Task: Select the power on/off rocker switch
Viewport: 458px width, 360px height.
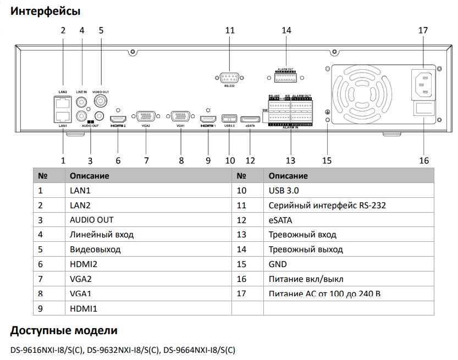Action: click(x=424, y=110)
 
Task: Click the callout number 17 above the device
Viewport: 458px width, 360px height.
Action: click(x=423, y=31)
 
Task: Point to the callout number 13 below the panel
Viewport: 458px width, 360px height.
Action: click(x=290, y=160)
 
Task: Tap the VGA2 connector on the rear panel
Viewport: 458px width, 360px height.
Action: click(x=146, y=117)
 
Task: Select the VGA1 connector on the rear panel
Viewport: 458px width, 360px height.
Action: click(x=181, y=117)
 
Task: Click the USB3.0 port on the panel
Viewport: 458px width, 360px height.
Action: click(x=229, y=118)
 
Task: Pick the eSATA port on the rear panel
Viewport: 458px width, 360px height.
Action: click(x=251, y=118)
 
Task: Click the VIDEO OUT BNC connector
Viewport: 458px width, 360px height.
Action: click(x=101, y=101)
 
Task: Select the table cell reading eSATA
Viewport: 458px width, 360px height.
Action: click(x=280, y=220)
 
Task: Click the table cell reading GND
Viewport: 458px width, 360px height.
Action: click(x=278, y=264)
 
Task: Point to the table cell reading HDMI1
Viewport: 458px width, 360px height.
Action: click(x=84, y=309)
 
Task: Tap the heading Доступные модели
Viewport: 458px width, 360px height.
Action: click(x=64, y=331)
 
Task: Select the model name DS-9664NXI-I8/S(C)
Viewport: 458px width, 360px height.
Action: click(x=199, y=350)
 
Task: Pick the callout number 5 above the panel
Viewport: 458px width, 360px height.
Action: click(x=101, y=31)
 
